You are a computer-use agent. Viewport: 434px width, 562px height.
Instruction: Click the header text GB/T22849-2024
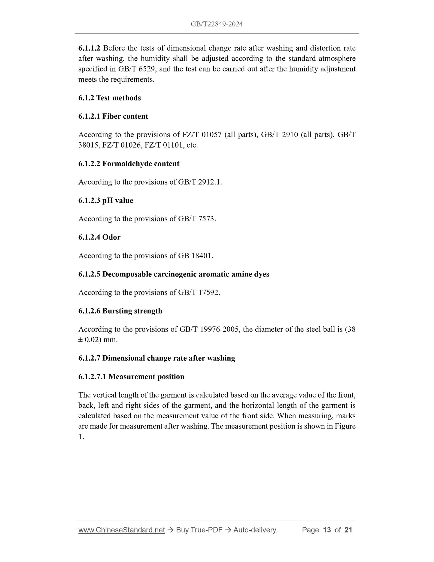click(217, 24)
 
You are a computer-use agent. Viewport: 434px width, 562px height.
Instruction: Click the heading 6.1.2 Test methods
click(109, 98)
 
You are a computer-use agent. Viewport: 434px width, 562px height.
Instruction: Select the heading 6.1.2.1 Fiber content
click(113, 116)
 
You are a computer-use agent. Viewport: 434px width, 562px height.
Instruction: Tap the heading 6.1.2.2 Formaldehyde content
click(129, 164)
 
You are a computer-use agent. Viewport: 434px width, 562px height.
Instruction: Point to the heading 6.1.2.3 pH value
click(106, 200)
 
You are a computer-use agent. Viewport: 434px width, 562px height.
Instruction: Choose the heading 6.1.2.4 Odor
click(99, 237)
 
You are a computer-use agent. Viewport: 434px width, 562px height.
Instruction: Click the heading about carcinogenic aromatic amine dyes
click(174, 274)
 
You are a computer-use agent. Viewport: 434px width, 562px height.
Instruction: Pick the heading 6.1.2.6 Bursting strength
click(120, 311)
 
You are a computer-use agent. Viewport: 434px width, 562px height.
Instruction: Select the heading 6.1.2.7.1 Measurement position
click(131, 377)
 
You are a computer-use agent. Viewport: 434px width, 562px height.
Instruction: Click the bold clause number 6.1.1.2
click(89, 48)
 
